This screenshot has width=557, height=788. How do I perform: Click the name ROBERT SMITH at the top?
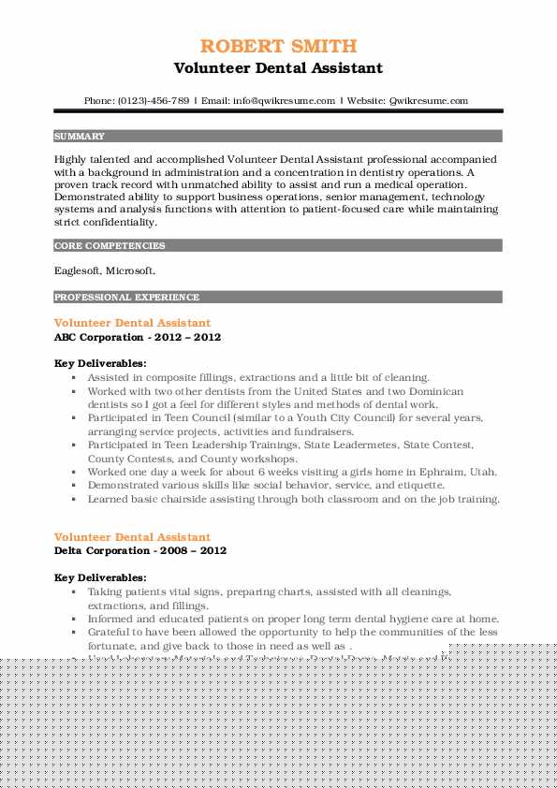coord(278,46)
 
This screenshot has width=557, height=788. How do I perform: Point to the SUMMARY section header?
coord(80,136)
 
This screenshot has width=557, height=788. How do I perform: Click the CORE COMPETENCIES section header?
coord(110,245)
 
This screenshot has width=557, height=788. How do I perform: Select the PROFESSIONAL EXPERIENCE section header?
coord(126,297)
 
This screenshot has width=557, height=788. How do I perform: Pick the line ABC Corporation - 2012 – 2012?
coord(138,336)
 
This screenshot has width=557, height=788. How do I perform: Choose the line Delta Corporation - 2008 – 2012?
coord(140,550)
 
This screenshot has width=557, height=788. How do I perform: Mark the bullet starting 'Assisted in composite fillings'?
coord(257,377)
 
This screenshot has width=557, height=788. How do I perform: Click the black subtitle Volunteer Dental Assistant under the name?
coord(278,68)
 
